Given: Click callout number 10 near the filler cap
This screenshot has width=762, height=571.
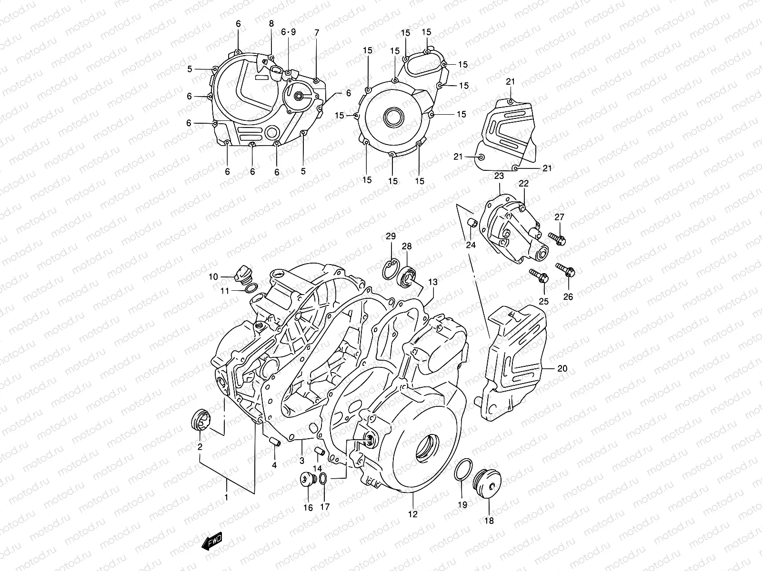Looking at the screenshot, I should point(213,277).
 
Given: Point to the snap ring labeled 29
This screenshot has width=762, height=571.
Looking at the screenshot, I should point(391,268).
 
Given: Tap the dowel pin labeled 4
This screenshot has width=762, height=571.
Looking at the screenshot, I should point(275,441).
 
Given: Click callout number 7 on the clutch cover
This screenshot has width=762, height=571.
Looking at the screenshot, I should point(317,33).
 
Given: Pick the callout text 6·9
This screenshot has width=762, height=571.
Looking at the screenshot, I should point(288,32).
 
